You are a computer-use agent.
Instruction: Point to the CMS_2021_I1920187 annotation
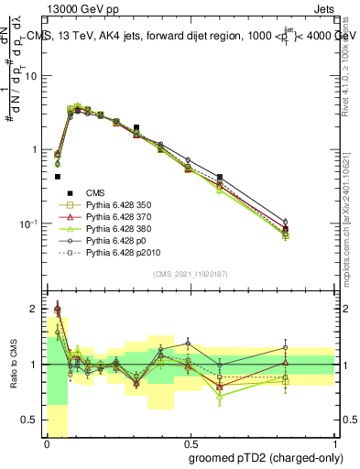coord(190,274)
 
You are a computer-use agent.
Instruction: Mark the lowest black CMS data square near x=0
coord(57,177)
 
